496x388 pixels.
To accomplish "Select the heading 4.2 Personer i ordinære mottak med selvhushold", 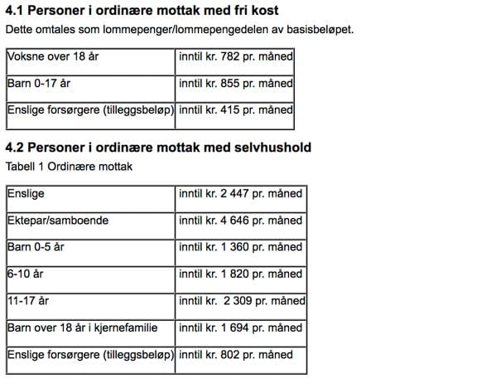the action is coord(158,148).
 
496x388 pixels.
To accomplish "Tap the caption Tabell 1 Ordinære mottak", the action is coord(69,166).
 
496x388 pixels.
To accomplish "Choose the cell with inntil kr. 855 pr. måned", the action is coord(235,85).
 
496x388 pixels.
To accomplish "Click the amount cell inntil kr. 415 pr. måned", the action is coord(235,110).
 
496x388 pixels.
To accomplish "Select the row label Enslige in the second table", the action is coord(26,195).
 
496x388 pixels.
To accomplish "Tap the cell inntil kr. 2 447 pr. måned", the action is coord(240,195).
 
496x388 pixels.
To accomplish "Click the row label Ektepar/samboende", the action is coord(58,221).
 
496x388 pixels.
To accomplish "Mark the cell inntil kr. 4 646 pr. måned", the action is coord(240,221).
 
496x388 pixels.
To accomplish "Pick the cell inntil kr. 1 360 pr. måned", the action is coord(240,247).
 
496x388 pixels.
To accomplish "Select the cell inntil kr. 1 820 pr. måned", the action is coord(240,274).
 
